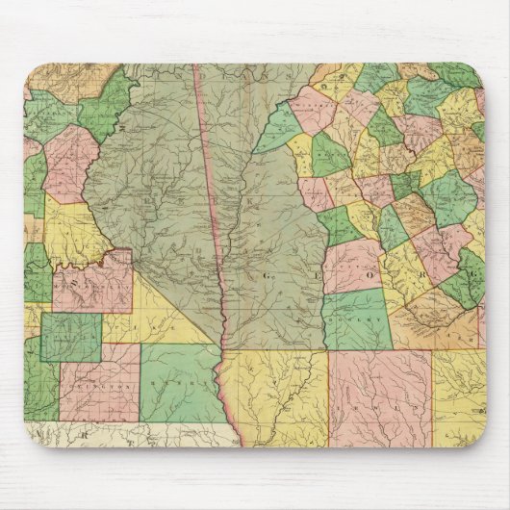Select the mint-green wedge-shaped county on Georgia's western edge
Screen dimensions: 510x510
click(x=279, y=130)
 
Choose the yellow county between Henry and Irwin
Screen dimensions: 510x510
click(x=279, y=395)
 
